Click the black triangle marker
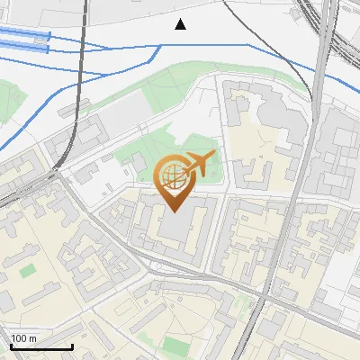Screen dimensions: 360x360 (x=181, y=24)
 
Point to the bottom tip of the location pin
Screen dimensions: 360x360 (x=174, y=211)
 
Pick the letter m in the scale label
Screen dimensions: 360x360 (x=33, y=338)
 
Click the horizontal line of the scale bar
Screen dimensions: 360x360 (x=40, y=347)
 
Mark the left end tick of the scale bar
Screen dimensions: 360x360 (x=10, y=346)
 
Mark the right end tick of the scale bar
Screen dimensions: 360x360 (x=71, y=346)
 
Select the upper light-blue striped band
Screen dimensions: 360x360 (x=22, y=34)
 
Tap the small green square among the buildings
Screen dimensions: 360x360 (x=28, y=269)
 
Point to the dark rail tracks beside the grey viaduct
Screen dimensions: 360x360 (x=331, y=36)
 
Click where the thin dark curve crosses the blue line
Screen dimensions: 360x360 (x=250, y=43)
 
